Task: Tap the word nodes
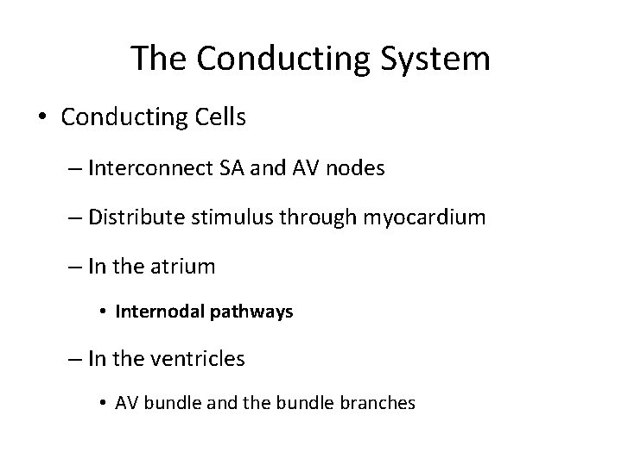point(356,169)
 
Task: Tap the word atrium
point(182,268)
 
